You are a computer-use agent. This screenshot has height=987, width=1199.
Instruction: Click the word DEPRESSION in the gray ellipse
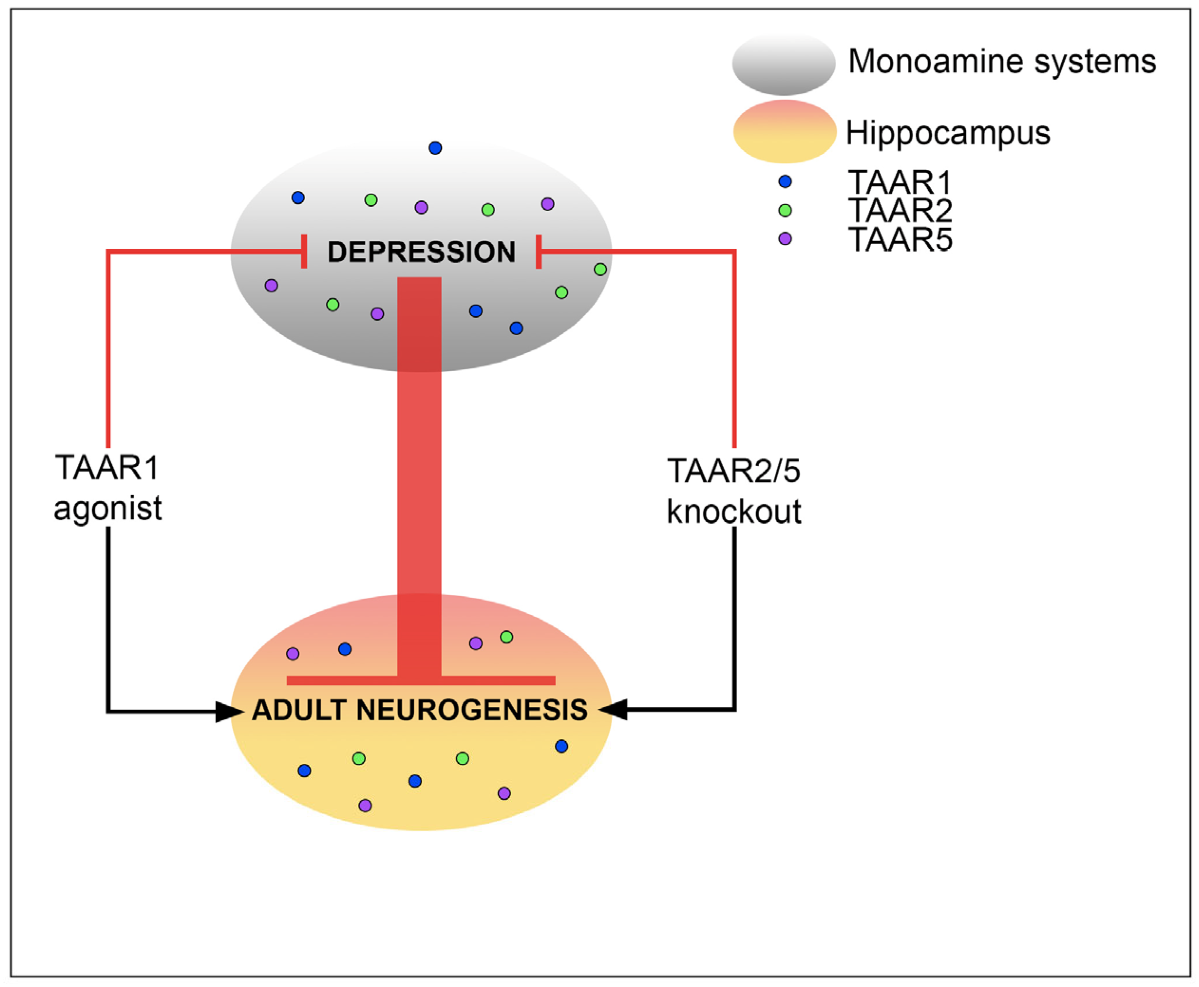[421, 252]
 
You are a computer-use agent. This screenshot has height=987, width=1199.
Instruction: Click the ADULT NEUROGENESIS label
[420, 710]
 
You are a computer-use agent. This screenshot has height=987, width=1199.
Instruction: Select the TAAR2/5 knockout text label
[734, 491]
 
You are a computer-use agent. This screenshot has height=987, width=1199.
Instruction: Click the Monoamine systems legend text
[1002, 61]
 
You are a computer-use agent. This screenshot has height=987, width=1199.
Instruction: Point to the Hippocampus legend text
[948, 132]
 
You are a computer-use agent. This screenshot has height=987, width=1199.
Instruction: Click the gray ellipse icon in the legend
[783, 64]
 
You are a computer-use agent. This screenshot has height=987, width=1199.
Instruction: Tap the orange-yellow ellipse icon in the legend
[784, 132]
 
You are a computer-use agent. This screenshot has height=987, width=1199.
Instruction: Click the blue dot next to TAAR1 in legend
[785, 181]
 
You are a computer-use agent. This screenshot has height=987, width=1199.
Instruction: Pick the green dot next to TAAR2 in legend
[785, 210]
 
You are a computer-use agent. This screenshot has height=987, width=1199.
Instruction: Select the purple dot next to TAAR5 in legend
[785, 238]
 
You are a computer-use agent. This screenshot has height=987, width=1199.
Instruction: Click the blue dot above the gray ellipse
[435, 148]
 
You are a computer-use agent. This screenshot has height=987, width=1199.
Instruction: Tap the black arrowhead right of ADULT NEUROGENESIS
[614, 710]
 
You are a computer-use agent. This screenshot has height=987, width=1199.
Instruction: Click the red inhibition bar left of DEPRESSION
[305, 251]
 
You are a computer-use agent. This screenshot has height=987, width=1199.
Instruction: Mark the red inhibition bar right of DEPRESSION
[538, 251]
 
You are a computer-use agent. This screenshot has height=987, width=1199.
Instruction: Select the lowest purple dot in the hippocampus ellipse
[365, 806]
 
